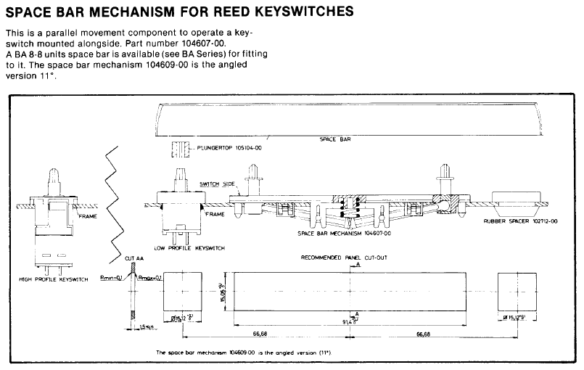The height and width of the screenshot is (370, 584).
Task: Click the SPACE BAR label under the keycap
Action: coord(337,139)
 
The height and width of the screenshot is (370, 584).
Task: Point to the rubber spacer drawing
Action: coord(519,199)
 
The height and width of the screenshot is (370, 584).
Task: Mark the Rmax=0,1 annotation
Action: coord(151,277)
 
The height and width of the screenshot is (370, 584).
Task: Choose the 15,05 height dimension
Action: coord(223,291)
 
